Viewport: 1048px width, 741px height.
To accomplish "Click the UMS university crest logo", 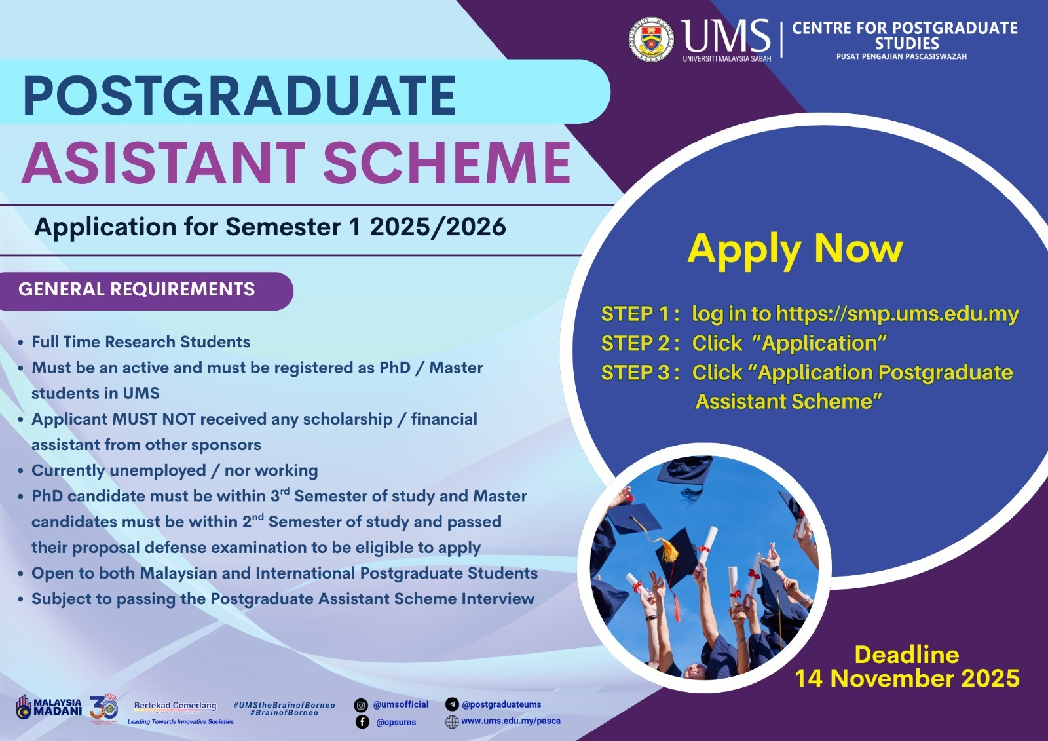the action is point(651,40).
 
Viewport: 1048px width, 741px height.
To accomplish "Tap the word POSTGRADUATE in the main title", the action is point(239,96).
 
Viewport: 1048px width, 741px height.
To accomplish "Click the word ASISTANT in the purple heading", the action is point(164,162).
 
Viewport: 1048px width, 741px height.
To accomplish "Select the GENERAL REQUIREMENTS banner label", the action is point(137,290).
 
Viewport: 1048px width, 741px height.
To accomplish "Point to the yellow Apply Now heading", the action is point(795,250).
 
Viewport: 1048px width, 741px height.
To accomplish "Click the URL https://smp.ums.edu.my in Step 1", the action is point(897,313).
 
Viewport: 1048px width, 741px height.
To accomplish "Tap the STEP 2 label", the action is point(639,343).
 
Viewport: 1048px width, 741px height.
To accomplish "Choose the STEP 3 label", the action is point(639,373).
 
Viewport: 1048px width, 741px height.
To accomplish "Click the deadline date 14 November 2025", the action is point(907,678).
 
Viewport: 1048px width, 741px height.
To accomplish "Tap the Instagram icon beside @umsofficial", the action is point(361,705).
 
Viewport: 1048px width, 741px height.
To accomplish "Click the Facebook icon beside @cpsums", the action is point(362,722).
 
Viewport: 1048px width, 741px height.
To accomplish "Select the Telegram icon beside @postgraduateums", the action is point(452,704).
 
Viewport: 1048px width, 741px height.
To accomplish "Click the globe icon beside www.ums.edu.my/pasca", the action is point(452,722).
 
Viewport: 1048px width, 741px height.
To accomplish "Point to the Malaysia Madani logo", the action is point(49,708).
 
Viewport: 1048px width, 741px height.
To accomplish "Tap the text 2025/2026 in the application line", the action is point(438,227).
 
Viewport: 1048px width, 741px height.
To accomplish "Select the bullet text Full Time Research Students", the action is point(141,342).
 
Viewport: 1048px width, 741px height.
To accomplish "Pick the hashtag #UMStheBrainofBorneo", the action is point(284,705).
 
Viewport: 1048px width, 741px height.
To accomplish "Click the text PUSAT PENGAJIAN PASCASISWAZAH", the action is point(901,56).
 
